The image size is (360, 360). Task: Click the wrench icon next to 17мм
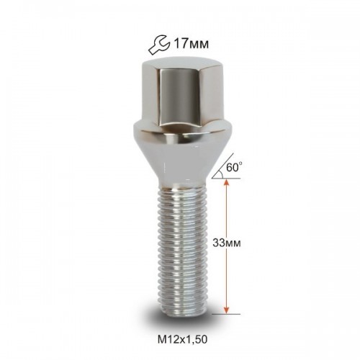tap(158, 45)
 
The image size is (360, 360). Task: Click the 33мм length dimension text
tap(227, 243)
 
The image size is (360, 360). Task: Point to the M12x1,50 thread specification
tap(182, 340)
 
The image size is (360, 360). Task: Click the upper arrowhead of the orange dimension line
tap(226, 183)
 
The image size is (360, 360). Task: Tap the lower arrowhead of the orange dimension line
tap(226, 310)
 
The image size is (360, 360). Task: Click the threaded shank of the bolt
tap(181, 250)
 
